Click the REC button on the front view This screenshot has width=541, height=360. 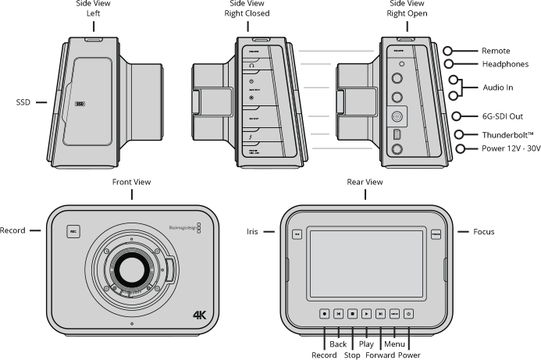[x=73, y=232]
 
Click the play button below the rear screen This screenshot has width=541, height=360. [x=365, y=313]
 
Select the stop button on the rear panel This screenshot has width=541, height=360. [x=352, y=313]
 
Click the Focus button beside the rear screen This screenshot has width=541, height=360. [x=436, y=233]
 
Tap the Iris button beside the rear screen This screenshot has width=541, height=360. [x=297, y=233]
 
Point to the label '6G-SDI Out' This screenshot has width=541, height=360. [x=503, y=116]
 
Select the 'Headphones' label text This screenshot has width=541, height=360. [x=504, y=64]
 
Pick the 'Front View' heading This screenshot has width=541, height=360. [x=131, y=182]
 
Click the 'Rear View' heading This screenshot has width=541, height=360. [x=365, y=182]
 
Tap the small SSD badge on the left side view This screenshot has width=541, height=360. [x=80, y=102]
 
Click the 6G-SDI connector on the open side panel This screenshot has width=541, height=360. [x=396, y=116]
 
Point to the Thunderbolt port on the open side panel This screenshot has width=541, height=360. [x=396, y=134]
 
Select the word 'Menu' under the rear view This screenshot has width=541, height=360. [x=393, y=344]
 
